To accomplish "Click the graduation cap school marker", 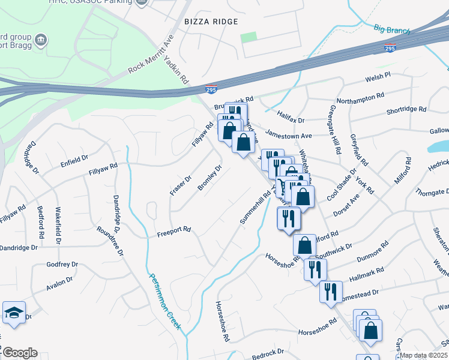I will tap(14, 313).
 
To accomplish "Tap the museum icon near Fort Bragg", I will tap(41, 40).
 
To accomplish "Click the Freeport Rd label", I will tap(173, 230).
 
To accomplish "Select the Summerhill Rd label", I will tap(256, 208).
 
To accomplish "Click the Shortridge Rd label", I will tap(406, 110).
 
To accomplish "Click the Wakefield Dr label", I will tap(58, 226).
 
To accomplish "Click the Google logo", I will tap(19, 353).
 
